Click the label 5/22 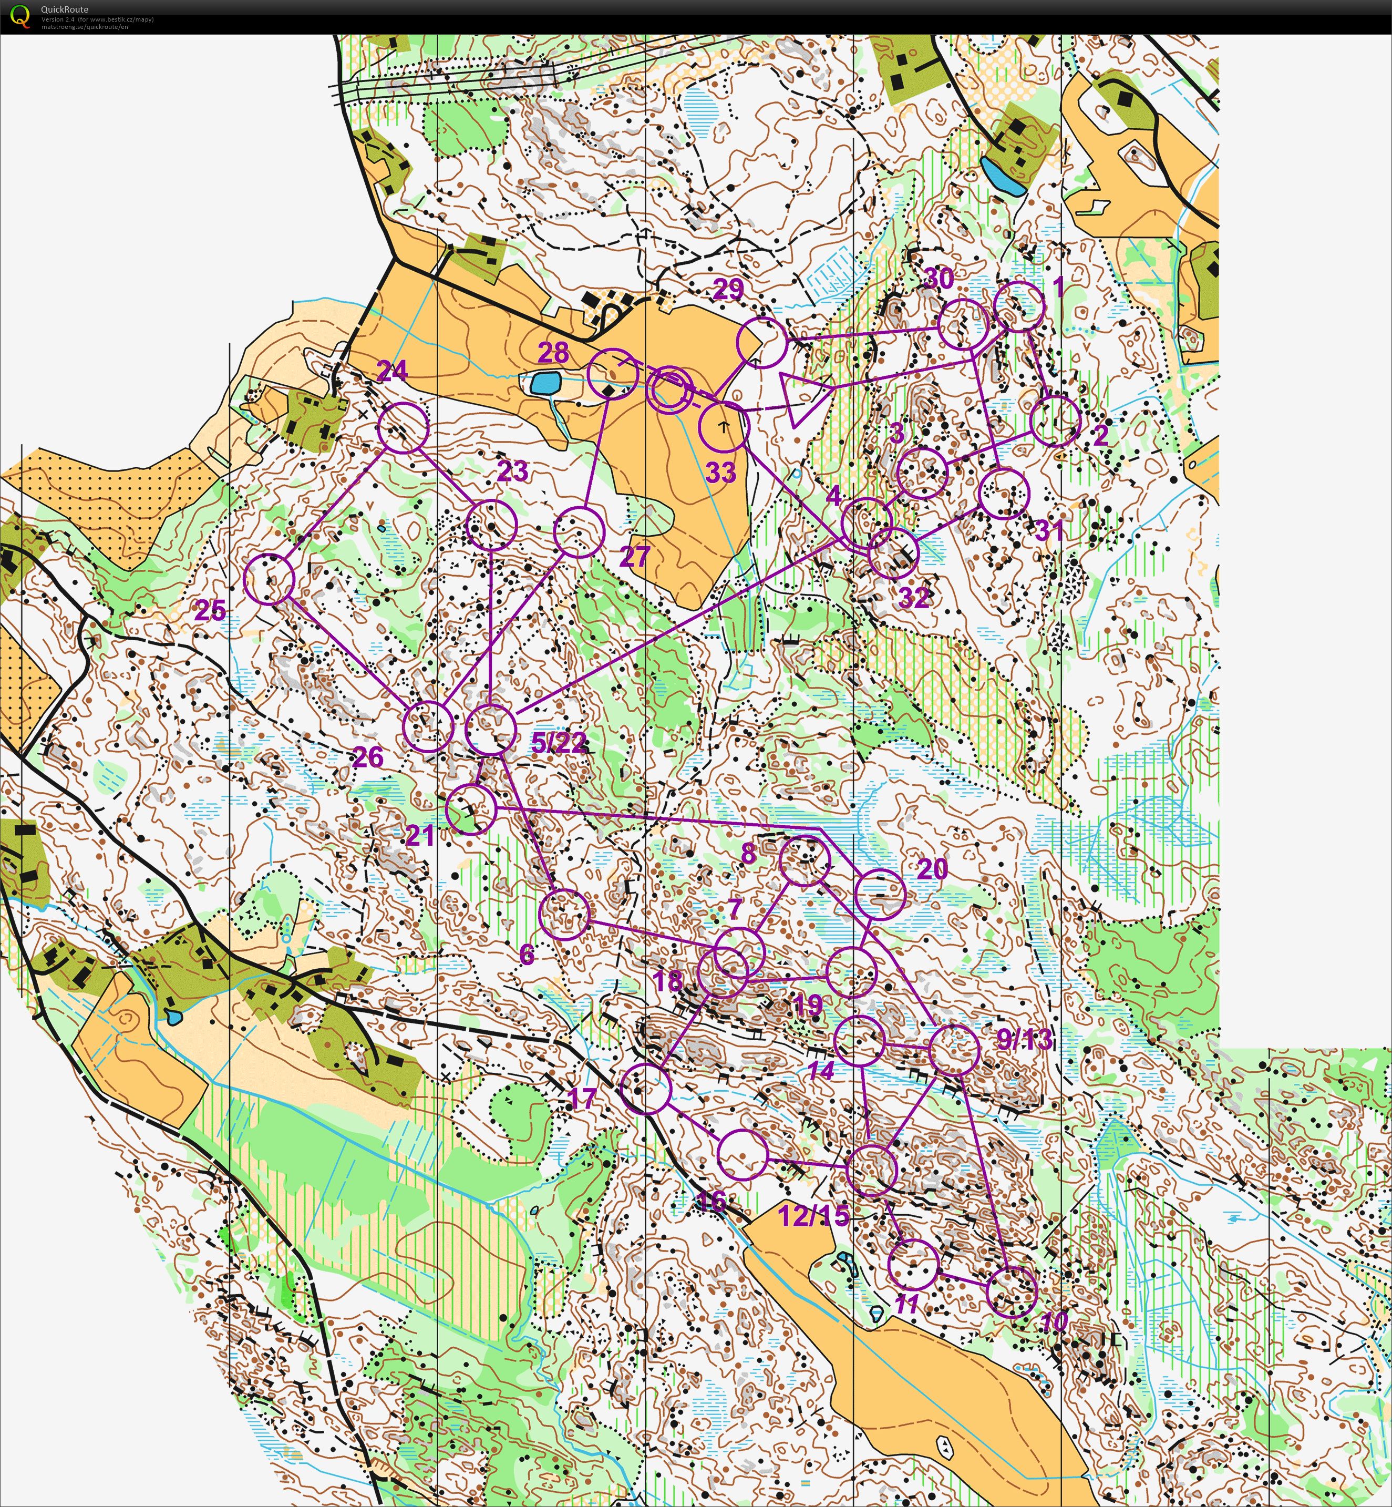558,743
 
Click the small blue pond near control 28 545,384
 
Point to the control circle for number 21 471,809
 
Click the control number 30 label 939,279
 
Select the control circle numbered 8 805,860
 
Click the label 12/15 813,1215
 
